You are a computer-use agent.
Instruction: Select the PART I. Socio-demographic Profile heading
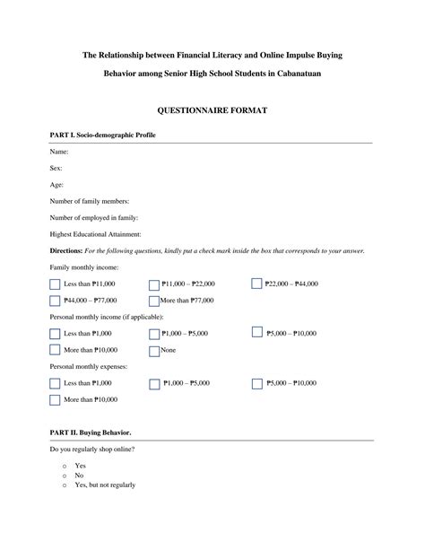pyautogui.click(x=104, y=135)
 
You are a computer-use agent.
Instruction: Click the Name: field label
pyautogui.click(x=59, y=152)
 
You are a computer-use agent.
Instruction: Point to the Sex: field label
pyautogui.click(x=56, y=168)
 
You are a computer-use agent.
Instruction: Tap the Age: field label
pyautogui.click(x=56, y=184)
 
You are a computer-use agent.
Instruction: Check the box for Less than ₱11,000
pyautogui.click(x=55, y=284)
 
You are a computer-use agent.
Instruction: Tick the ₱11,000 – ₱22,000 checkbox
pyautogui.click(x=155, y=284)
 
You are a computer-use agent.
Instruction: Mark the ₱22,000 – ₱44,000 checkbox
pyautogui.click(x=256, y=284)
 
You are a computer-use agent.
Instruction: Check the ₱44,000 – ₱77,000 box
pyautogui.click(x=55, y=301)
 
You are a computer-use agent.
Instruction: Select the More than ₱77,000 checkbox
pyautogui.click(x=155, y=301)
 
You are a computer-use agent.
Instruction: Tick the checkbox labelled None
pyautogui.click(x=155, y=351)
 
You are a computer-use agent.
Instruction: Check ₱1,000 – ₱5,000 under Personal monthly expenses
pyautogui.click(x=155, y=383)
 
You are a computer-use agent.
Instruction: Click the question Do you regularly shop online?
pyautogui.click(x=92, y=449)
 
